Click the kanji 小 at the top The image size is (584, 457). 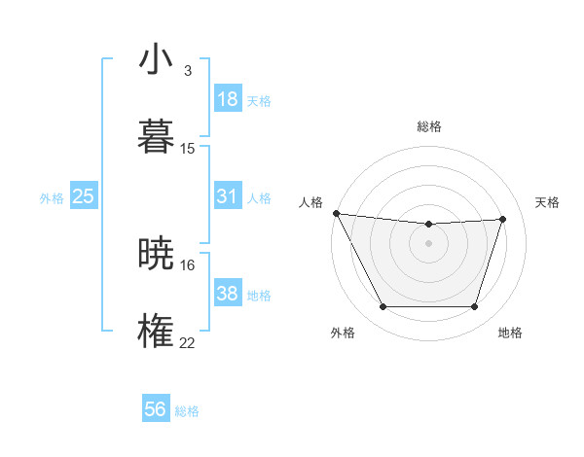[156, 59]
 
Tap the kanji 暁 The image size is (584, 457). [156, 254]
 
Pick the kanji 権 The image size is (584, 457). [156, 331]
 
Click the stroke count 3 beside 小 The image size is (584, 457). [187, 71]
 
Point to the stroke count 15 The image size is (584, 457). [188, 149]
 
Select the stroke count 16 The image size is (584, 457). [188, 264]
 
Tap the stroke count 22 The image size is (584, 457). [188, 342]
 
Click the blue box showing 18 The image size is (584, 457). [227, 99]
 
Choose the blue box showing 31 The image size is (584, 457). [227, 196]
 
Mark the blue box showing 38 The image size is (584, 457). [227, 294]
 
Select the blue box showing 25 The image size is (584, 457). [84, 196]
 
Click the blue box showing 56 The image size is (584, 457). [155, 409]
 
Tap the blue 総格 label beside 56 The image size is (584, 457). [187, 411]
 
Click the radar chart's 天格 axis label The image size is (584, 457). [547, 202]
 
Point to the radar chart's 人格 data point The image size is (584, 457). [336, 213]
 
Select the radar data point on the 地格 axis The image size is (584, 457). [475, 307]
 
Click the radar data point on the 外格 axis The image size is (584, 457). [383, 307]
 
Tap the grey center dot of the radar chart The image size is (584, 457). [428, 243]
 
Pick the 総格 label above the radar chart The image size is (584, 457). [428, 126]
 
